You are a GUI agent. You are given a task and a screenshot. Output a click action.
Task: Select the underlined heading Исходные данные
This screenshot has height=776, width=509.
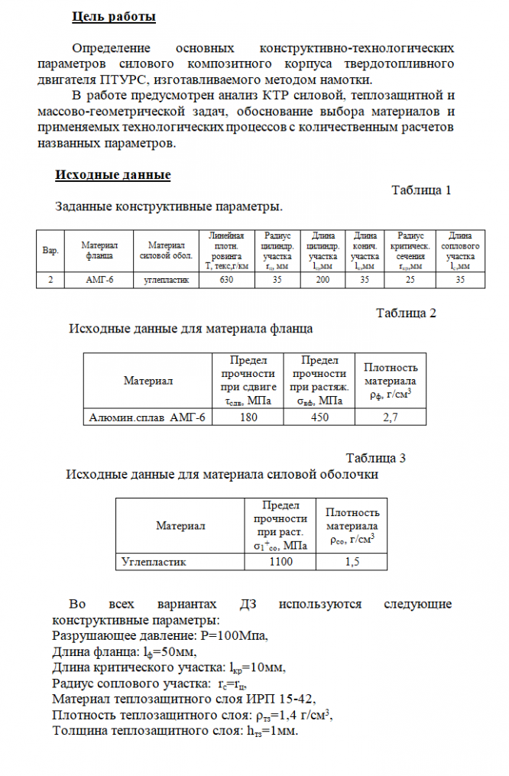tap(112, 175)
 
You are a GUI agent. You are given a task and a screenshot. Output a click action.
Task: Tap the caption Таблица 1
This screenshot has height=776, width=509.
tap(421, 190)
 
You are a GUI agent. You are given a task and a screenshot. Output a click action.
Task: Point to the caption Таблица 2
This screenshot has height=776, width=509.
tap(406, 313)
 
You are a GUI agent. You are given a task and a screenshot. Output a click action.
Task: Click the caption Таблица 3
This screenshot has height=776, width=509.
tap(375, 458)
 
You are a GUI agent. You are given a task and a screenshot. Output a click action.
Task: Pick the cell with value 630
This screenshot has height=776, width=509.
tap(226, 281)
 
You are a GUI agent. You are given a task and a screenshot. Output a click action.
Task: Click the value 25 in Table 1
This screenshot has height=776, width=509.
tap(412, 281)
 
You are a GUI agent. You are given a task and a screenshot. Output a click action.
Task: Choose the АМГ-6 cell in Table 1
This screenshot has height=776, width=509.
tap(99, 281)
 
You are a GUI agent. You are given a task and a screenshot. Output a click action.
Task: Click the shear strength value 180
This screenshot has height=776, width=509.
tap(248, 417)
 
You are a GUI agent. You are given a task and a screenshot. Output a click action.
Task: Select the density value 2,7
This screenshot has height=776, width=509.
tap(391, 417)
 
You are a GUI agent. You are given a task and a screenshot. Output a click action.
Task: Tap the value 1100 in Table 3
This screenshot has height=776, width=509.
tap(280, 562)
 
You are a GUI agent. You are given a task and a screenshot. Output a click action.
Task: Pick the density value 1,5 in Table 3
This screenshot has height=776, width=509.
tap(352, 562)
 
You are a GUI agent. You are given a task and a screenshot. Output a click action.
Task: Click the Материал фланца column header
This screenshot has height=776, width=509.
tap(99, 251)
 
